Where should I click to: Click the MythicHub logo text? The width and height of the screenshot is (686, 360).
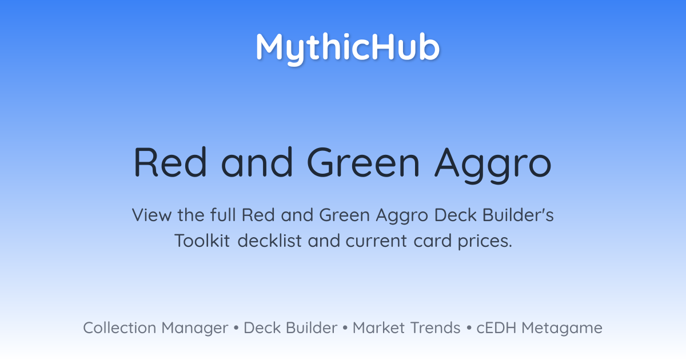click(348, 49)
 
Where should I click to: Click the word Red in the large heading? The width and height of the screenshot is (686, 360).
click(170, 162)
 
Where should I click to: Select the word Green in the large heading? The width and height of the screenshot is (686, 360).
click(363, 162)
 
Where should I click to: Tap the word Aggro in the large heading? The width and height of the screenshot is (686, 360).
click(493, 166)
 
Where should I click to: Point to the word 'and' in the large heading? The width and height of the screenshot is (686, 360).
click(257, 162)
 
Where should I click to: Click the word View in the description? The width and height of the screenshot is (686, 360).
click(151, 215)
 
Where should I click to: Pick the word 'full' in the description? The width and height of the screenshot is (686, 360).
click(223, 215)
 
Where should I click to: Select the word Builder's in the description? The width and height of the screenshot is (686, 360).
click(518, 215)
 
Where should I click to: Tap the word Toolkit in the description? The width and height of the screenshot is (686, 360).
click(202, 241)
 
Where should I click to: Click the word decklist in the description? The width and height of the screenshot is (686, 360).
click(269, 241)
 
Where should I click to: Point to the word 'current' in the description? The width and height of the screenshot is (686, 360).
click(377, 241)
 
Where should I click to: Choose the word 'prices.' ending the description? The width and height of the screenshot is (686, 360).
click(485, 242)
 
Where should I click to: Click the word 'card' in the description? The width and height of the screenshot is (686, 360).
click(432, 241)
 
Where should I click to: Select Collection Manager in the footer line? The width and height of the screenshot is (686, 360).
click(155, 328)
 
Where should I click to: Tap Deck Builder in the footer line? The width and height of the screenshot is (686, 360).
click(290, 327)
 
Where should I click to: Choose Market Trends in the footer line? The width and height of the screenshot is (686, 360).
click(406, 327)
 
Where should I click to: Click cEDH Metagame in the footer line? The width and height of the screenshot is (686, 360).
click(540, 328)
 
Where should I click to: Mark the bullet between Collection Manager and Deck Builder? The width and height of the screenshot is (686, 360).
click(236, 328)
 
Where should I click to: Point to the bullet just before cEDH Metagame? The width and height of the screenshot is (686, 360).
click(469, 328)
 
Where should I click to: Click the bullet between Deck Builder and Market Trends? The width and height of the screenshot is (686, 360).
click(345, 328)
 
